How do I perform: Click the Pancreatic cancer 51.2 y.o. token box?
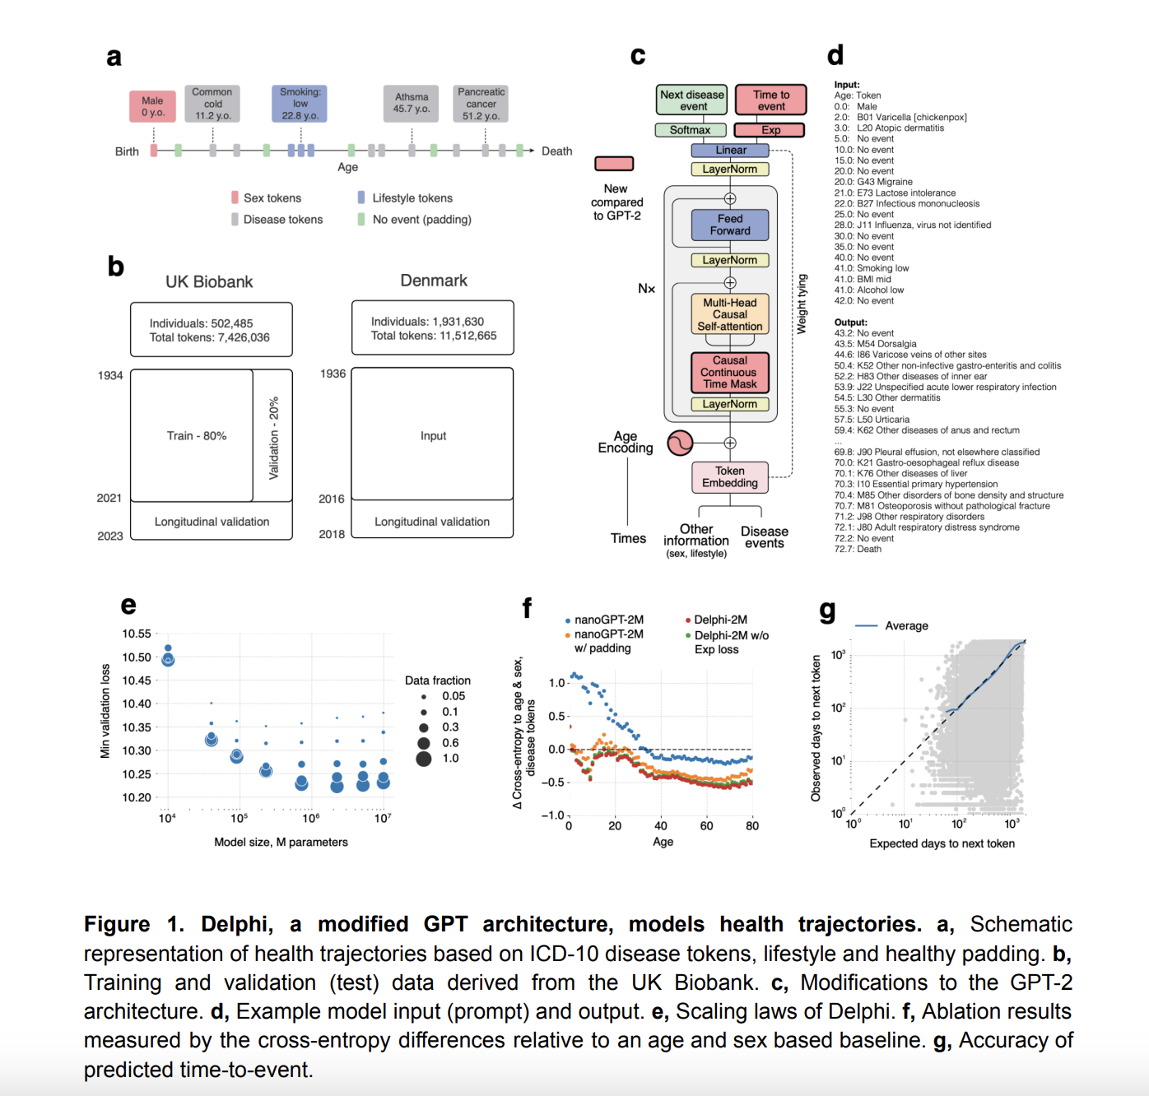(481, 104)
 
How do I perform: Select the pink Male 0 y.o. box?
(152, 107)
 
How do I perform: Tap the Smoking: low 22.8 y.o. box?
(300, 104)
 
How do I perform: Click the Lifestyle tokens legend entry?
(412, 198)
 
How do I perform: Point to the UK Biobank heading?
(209, 282)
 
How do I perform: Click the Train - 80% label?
(196, 436)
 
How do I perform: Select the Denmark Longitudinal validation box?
(432, 522)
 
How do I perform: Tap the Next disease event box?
(692, 100)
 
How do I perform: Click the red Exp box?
(770, 130)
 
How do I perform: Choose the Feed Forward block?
(730, 225)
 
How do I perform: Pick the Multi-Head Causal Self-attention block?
(730, 314)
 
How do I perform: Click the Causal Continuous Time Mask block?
(730, 372)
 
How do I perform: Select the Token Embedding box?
(730, 477)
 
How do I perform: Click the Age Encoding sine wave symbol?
(680, 444)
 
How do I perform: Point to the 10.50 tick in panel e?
(137, 657)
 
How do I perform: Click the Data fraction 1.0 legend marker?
(424, 759)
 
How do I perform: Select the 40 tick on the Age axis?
(661, 826)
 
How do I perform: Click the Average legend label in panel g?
(906, 626)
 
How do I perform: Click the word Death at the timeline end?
(556, 151)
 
